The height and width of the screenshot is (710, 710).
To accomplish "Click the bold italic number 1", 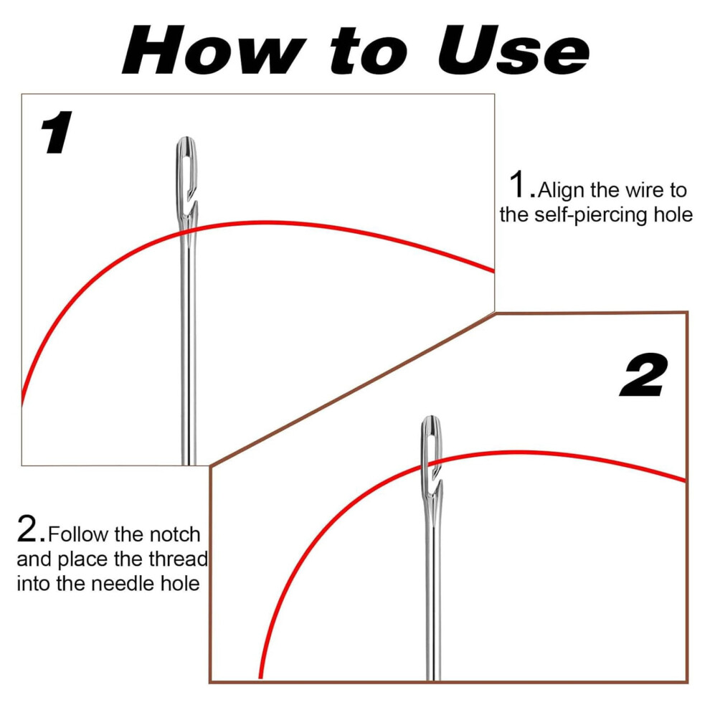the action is click(56, 132).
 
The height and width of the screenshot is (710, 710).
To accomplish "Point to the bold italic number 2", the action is click(643, 375).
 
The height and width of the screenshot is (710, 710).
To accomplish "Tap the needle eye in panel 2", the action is click(432, 453).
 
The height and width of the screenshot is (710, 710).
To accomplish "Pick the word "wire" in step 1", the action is click(643, 191).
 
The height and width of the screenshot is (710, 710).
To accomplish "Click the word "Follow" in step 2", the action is click(79, 534).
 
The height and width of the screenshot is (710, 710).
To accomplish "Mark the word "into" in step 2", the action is click(34, 583).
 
